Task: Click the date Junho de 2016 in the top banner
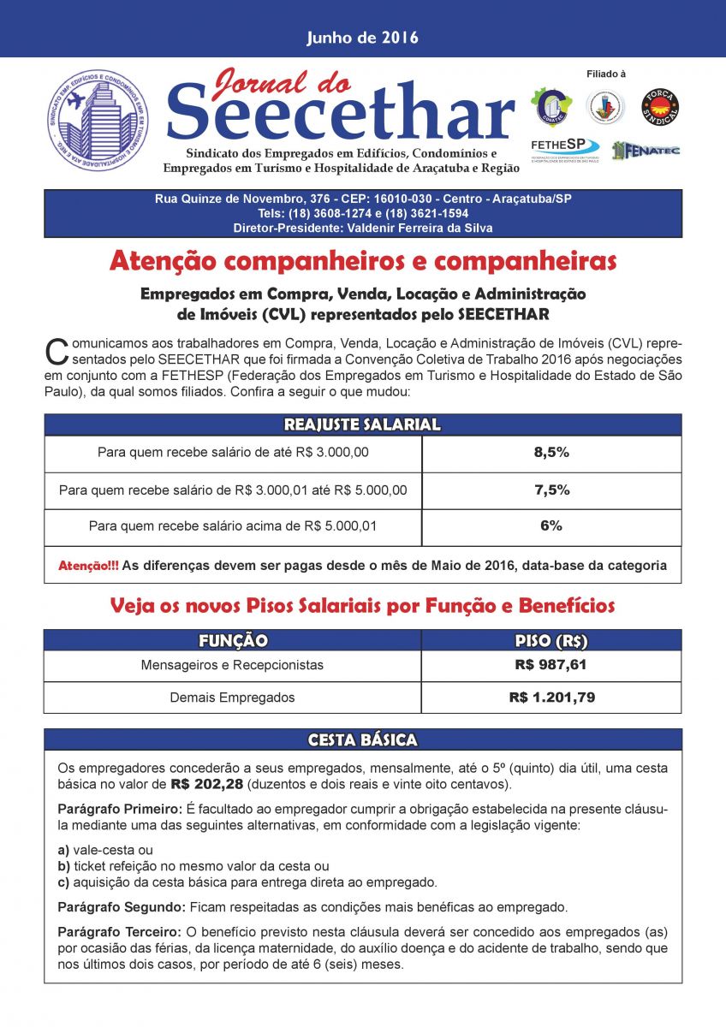click(x=362, y=38)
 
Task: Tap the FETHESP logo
click(x=565, y=146)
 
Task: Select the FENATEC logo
click(x=646, y=150)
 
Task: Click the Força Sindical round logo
click(x=660, y=107)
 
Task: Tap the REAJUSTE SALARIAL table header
click(x=362, y=424)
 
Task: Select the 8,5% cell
click(x=551, y=453)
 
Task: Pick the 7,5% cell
click(x=551, y=490)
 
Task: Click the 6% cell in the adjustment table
click(x=551, y=525)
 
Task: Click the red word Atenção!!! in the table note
click(x=88, y=566)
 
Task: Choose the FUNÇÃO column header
click(x=233, y=641)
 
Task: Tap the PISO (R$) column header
click(x=551, y=641)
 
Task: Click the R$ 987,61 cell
click(x=551, y=665)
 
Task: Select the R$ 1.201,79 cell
click(x=551, y=698)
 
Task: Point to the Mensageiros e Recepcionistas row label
click(x=233, y=665)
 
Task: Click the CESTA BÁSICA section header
click(x=362, y=739)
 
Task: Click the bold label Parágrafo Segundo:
click(x=119, y=906)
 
